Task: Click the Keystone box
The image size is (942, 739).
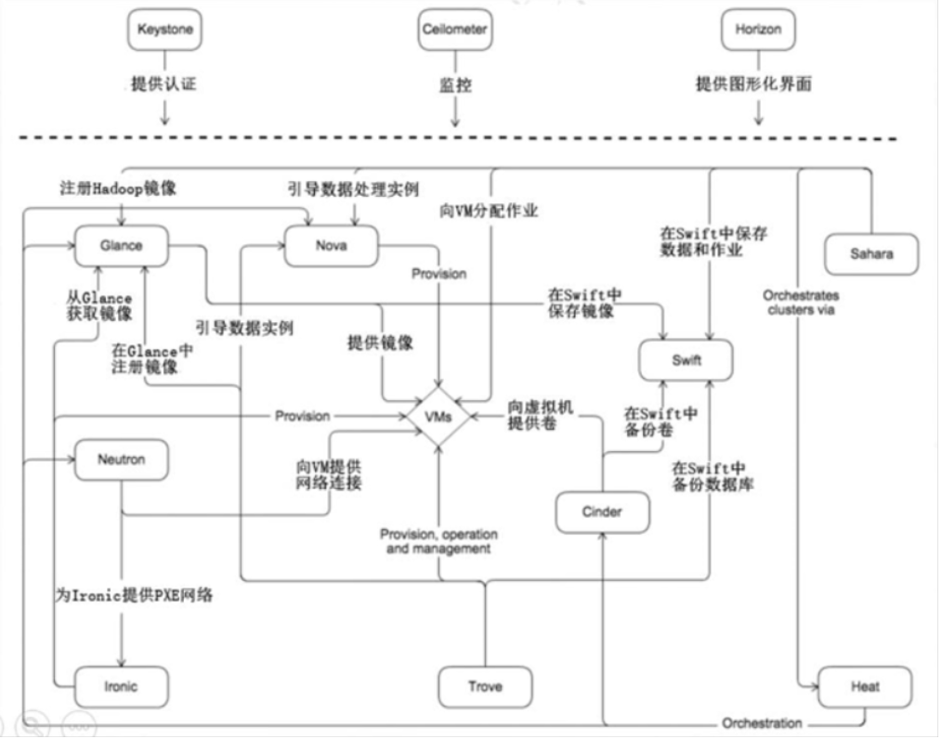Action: click(x=164, y=29)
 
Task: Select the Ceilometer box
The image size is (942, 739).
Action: click(x=454, y=29)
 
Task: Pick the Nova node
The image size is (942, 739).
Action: click(x=332, y=245)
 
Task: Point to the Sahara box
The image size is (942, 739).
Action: click(x=871, y=253)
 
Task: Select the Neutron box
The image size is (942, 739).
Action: click(x=122, y=460)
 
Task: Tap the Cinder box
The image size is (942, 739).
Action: click(x=602, y=512)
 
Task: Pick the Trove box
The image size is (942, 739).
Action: click(x=485, y=686)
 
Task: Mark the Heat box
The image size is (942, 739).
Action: click(x=864, y=687)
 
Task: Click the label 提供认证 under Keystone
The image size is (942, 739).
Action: click(x=164, y=84)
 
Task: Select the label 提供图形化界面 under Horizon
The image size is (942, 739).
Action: click(x=754, y=84)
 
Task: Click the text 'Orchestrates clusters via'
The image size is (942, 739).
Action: click(x=798, y=303)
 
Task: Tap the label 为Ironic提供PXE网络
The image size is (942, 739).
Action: click(x=134, y=596)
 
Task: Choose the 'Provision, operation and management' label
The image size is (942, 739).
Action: click(x=438, y=541)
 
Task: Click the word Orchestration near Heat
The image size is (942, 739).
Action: click(x=763, y=723)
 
